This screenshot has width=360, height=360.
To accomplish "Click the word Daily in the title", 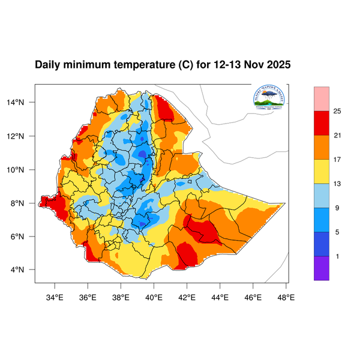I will point(49,65).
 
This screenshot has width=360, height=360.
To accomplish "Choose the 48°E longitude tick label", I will point(286,296).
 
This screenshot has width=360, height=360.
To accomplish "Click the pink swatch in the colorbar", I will point(322,98).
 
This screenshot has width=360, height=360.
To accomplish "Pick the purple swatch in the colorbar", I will point(322,268).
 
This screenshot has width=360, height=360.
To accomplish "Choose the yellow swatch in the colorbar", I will point(322,171).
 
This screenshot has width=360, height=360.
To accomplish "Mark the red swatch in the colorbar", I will point(322,122).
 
